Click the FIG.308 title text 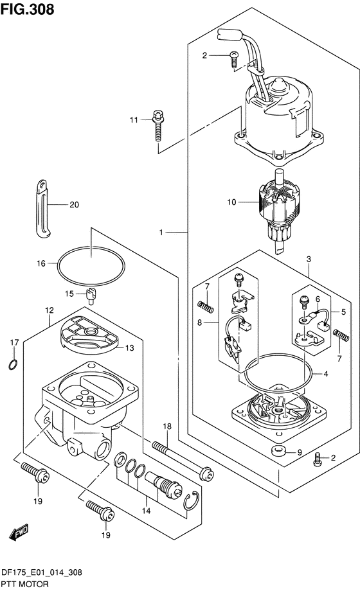28,9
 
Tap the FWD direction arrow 19,532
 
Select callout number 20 75,205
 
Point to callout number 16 41,263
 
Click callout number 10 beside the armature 231,202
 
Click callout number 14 146,511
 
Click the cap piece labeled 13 89,337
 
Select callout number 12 50,310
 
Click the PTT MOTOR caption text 25,585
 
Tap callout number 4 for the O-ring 326,374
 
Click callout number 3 309,259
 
